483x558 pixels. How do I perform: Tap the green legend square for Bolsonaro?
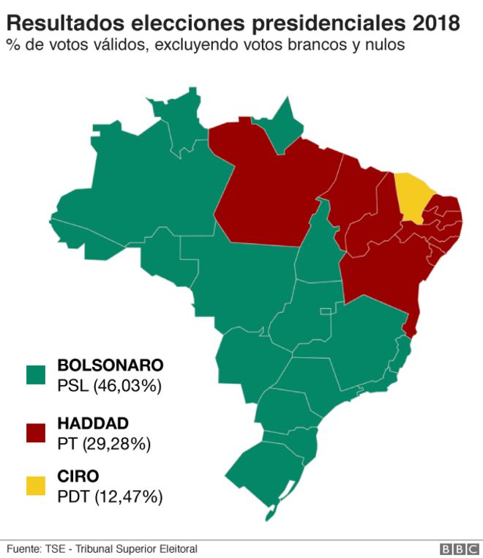coord(36,375)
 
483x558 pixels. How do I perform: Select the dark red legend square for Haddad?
coord(36,433)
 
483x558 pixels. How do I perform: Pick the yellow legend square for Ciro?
coord(36,486)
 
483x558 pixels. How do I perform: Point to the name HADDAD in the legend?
coord(93,423)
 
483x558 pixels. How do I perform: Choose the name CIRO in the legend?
coord(78,477)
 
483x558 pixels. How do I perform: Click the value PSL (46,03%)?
coord(109,386)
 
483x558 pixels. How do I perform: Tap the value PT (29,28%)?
coord(104,444)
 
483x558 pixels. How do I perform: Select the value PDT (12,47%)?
coord(110,497)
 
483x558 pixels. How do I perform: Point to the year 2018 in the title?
coord(436,23)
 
